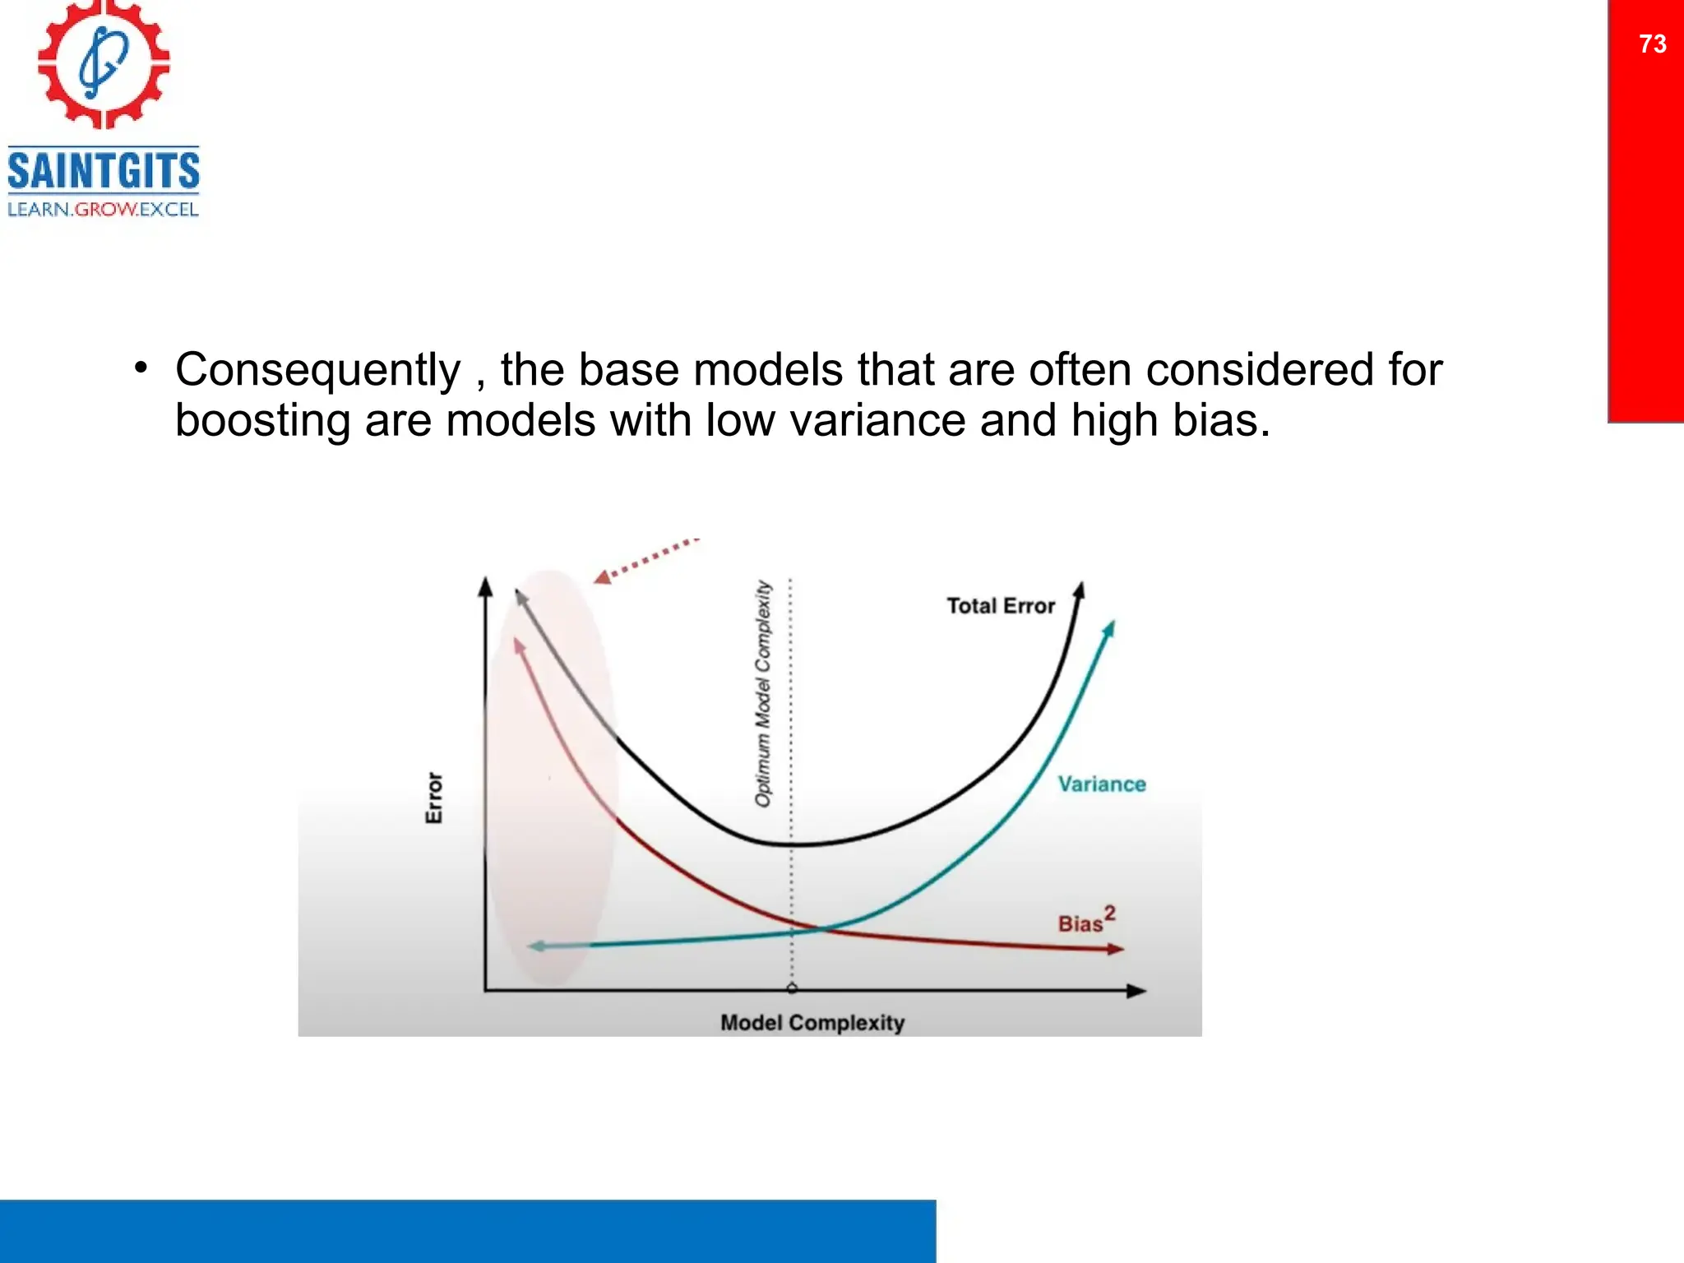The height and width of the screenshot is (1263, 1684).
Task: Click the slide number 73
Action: click(1652, 44)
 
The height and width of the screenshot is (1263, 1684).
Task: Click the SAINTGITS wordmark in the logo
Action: click(104, 171)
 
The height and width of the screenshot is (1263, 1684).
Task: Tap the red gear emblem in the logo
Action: click(104, 63)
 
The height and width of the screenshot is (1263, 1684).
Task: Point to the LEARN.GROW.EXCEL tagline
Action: click(104, 210)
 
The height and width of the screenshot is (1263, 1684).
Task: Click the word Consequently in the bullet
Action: click(317, 369)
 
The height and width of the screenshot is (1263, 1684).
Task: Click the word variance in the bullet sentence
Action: click(877, 420)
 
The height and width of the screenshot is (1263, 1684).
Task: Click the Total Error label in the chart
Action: click(1000, 606)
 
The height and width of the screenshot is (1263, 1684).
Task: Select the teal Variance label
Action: click(1101, 784)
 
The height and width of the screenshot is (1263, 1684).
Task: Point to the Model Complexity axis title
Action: click(812, 1023)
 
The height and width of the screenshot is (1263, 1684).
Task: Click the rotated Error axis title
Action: click(434, 798)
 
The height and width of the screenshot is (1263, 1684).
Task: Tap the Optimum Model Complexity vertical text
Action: click(763, 693)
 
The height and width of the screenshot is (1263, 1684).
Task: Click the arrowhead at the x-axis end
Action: click(1136, 991)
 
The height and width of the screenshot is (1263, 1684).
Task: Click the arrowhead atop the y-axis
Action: click(485, 586)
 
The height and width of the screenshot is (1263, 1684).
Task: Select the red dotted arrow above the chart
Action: click(645, 561)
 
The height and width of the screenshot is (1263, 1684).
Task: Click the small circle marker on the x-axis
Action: click(791, 988)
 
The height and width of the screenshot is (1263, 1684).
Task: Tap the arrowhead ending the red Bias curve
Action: click(1115, 949)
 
